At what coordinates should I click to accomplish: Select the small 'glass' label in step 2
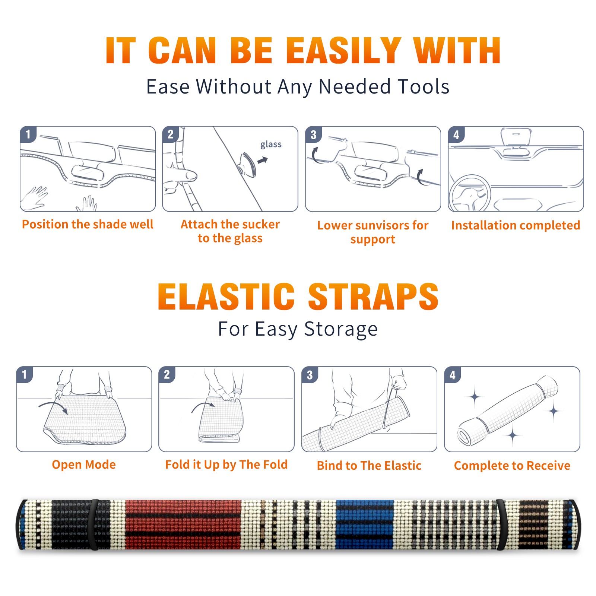pyautogui.click(x=271, y=145)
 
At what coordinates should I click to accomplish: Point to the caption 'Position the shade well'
pyautogui.click(x=88, y=224)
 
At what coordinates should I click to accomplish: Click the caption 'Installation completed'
pyautogui.click(x=516, y=225)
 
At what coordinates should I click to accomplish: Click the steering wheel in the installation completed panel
pyautogui.click(x=470, y=193)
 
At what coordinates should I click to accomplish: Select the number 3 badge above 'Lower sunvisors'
pyautogui.click(x=313, y=135)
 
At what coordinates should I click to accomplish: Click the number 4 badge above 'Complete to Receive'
pyautogui.click(x=453, y=375)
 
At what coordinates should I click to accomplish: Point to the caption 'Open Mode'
pyautogui.click(x=84, y=465)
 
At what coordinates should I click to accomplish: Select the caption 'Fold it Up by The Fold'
pyautogui.click(x=226, y=465)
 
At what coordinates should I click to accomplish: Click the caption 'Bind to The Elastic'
pyautogui.click(x=369, y=465)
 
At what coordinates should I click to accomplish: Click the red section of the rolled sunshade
pyautogui.click(x=183, y=524)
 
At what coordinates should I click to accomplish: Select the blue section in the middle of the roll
pyautogui.click(x=365, y=524)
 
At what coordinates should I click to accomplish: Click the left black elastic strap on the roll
pyautogui.click(x=94, y=524)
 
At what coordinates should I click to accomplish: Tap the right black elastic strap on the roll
pyautogui.click(x=500, y=524)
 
